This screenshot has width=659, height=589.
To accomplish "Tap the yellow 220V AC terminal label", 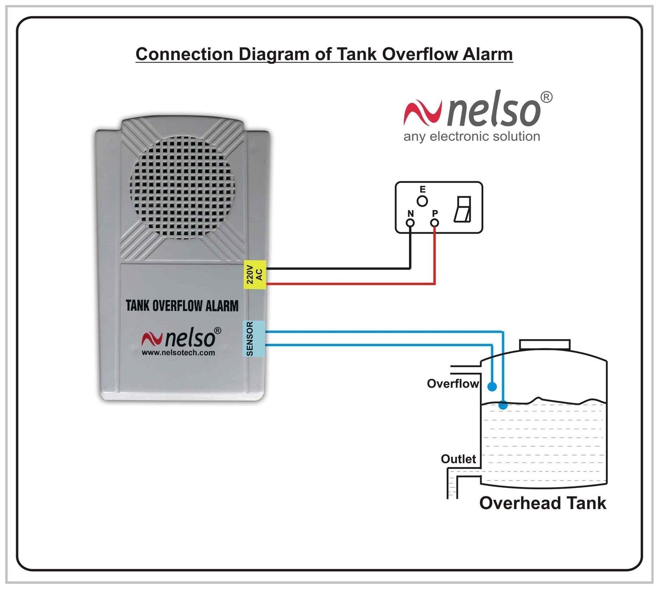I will click(255, 275).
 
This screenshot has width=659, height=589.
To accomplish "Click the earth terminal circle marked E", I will click(422, 201).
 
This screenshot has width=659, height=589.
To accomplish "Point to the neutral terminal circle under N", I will click(410, 223).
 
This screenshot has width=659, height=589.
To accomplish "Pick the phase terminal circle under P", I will click(435, 223).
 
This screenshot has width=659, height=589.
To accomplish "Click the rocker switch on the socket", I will click(463, 209).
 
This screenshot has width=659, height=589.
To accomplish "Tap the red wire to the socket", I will click(350, 284).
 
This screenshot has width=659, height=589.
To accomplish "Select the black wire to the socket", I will click(338, 269).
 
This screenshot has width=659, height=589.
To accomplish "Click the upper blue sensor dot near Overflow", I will click(492, 387).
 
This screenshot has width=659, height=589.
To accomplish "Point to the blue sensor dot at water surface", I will click(503, 405).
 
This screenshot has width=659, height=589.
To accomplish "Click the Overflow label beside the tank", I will click(453, 384).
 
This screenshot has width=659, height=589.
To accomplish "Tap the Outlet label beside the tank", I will click(458, 459).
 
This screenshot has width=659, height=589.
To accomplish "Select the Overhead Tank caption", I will click(542, 503).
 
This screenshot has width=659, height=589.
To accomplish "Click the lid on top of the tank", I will click(544, 345).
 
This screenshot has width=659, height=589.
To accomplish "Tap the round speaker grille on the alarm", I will click(182, 188).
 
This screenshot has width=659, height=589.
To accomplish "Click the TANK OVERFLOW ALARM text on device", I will click(182, 306).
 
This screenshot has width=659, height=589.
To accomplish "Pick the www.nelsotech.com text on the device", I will click(178, 353).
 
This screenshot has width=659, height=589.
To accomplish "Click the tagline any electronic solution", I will click(472, 136).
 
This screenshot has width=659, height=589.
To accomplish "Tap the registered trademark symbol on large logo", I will click(546, 97).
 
